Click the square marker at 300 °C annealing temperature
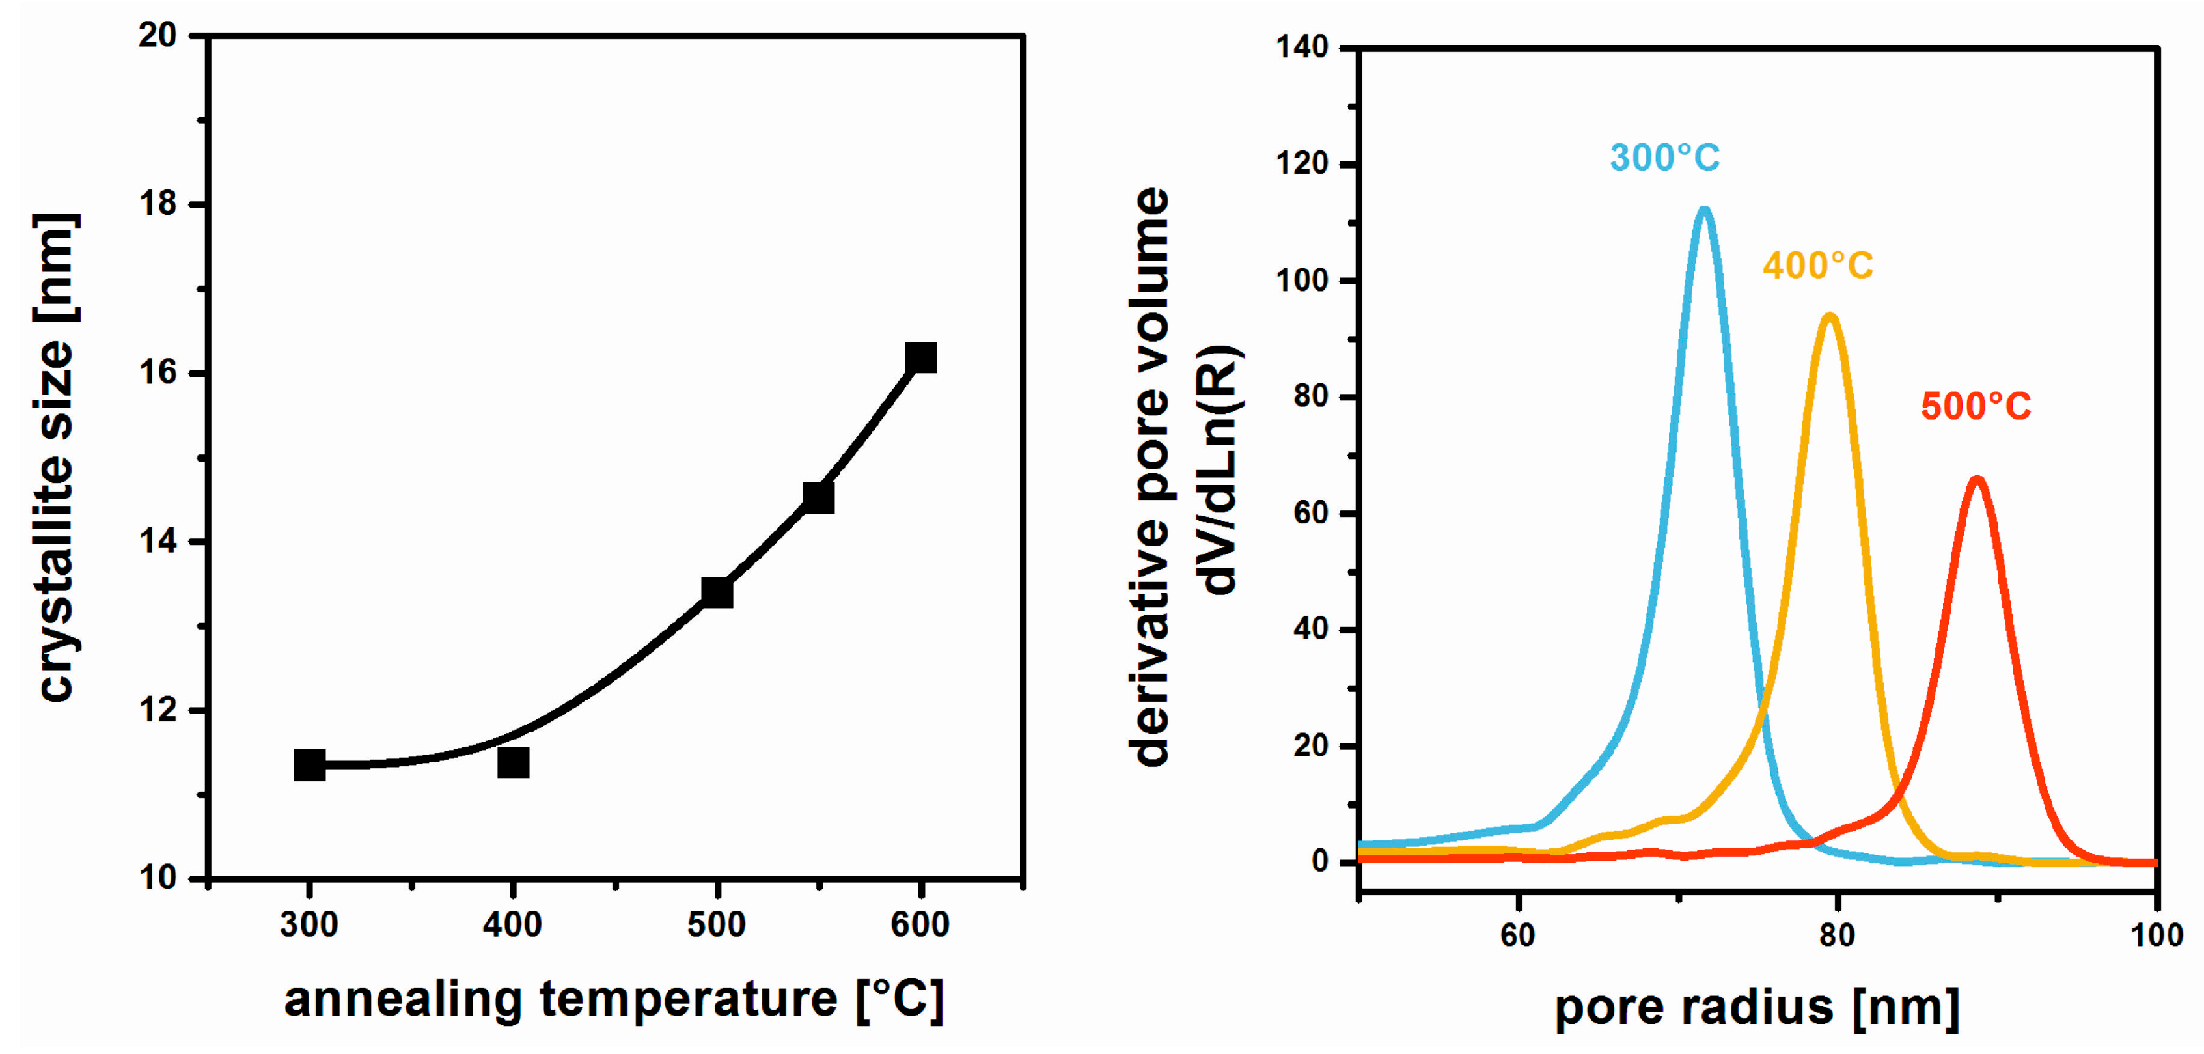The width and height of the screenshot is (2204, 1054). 309,765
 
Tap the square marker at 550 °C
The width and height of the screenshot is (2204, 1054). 818,497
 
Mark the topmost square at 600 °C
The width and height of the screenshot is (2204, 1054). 920,357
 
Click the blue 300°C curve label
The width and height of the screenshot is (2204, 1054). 1664,158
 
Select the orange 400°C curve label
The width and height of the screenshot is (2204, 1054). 1817,265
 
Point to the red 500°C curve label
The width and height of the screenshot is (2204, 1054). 1976,406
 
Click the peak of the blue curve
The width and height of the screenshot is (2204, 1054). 1703,210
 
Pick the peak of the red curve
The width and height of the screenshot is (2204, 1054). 1976,480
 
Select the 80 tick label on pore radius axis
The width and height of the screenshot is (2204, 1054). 1837,935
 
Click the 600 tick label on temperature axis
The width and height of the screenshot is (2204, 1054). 920,925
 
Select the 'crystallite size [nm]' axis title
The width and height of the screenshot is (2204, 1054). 57,458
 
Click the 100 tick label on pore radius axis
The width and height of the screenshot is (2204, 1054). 2155,935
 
